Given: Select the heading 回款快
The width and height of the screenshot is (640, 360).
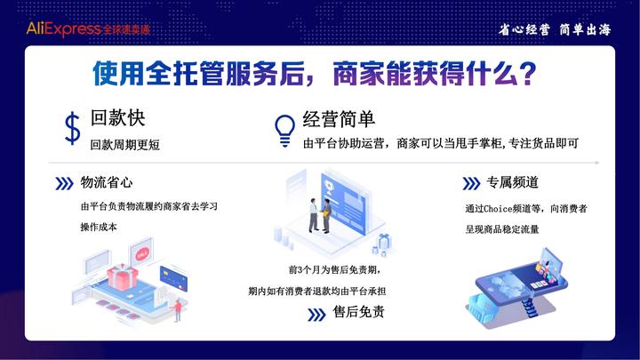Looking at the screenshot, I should (x=117, y=118).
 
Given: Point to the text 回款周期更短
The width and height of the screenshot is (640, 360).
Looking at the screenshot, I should (x=125, y=143).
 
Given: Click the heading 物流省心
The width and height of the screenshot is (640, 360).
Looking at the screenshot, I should (x=107, y=183).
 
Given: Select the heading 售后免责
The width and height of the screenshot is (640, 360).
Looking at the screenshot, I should (x=358, y=312).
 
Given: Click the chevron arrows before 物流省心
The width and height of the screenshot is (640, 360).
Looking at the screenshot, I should (x=64, y=184).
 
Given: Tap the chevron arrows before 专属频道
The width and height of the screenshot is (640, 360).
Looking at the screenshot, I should (x=471, y=184).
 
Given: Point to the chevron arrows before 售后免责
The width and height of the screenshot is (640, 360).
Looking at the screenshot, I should (x=316, y=313).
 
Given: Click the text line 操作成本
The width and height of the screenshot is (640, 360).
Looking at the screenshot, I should (x=99, y=227).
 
